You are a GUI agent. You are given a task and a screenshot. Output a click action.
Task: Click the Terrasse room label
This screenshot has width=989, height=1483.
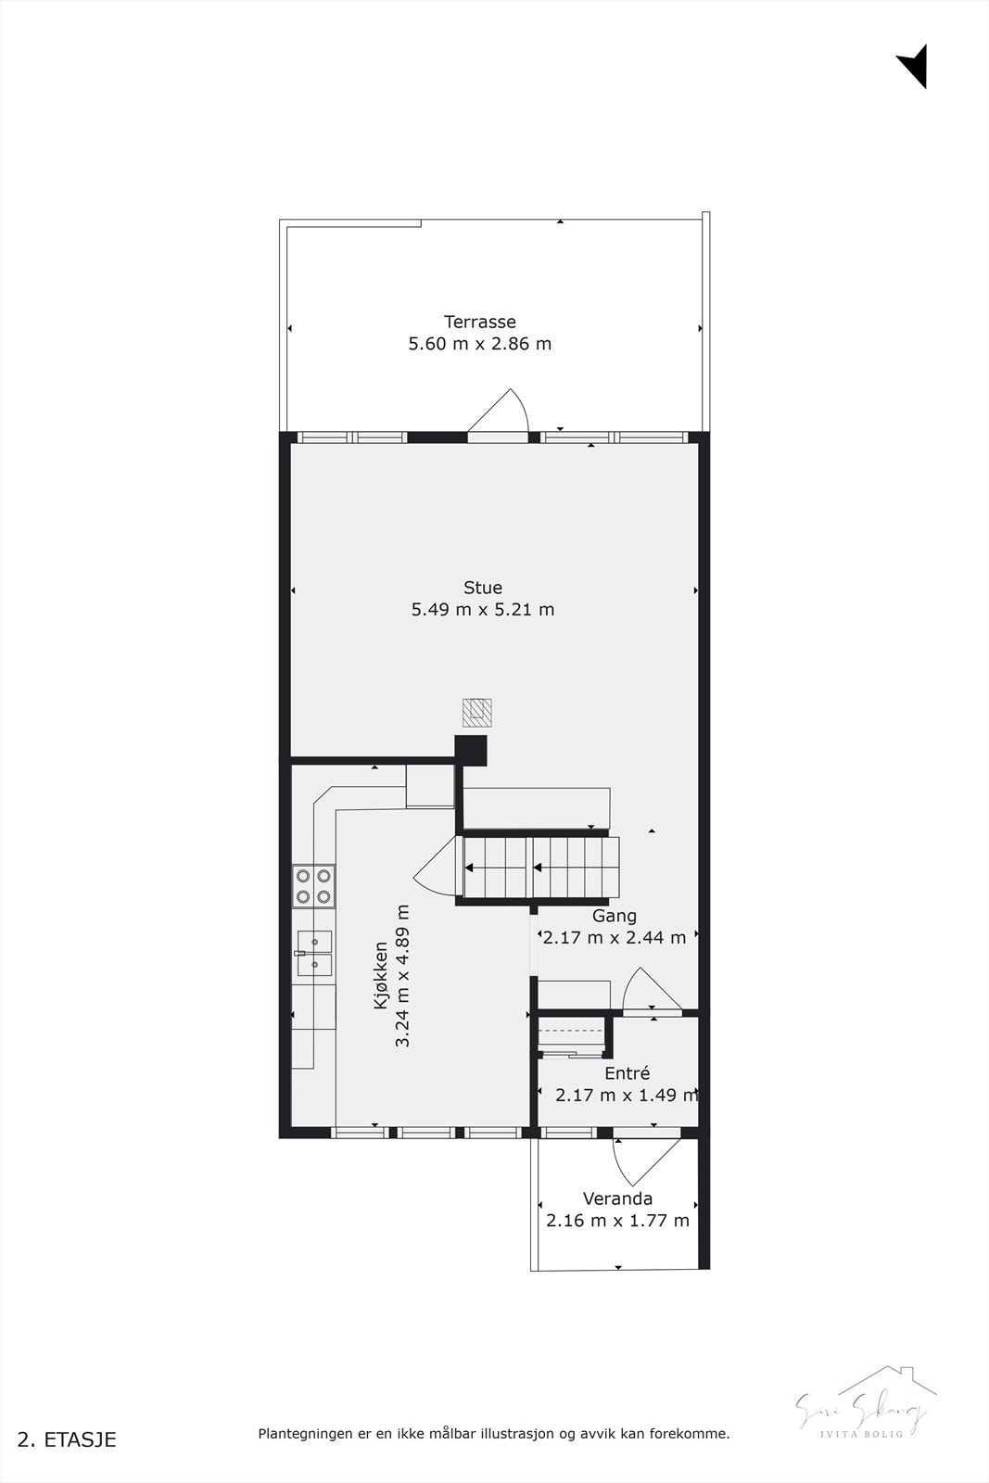pyautogui.click(x=479, y=322)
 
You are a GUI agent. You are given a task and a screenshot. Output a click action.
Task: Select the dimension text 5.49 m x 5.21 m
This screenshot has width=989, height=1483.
pyautogui.click(x=482, y=610)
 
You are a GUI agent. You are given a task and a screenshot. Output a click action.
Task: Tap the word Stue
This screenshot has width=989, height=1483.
pyautogui.click(x=482, y=588)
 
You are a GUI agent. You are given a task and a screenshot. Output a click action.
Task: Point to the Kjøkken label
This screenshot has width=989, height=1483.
pyautogui.click(x=380, y=976)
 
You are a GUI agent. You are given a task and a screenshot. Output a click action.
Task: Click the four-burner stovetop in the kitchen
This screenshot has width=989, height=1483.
pyautogui.click(x=313, y=885)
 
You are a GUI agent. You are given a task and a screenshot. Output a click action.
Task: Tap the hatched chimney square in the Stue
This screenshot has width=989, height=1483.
pyautogui.click(x=476, y=712)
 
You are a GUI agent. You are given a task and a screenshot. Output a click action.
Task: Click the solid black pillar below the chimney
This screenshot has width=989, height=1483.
pyautogui.click(x=471, y=751)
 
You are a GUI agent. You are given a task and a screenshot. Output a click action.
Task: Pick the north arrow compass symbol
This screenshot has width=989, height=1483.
pyautogui.click(x=914, y=66)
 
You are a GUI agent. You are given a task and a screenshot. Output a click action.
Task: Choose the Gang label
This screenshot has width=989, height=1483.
pyautogui.click(x=615, y=916)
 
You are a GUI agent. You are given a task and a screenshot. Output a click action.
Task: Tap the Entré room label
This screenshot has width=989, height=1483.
pyautogui.click(x=627, y=1073)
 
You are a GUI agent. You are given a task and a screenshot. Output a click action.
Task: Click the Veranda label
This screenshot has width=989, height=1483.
pyautogui.click(x=617, y=1198)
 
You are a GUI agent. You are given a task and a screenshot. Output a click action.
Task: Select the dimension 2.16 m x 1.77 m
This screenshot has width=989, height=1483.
pyautogui.click(x=617, y=1221)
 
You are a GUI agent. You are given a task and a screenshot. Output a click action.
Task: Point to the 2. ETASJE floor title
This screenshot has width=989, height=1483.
pyautogui.click(x=68, y=1439)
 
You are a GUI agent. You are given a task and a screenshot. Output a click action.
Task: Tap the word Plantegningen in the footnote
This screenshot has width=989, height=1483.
pyautogui.click(x=303, y=1434)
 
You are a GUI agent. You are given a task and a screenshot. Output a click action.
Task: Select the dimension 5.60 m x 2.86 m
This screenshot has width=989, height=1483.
pyautogui.click(x=479, y=344)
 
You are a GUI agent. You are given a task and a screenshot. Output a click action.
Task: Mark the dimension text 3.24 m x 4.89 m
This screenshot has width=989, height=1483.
pyautogui.click(x=402, y=976)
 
